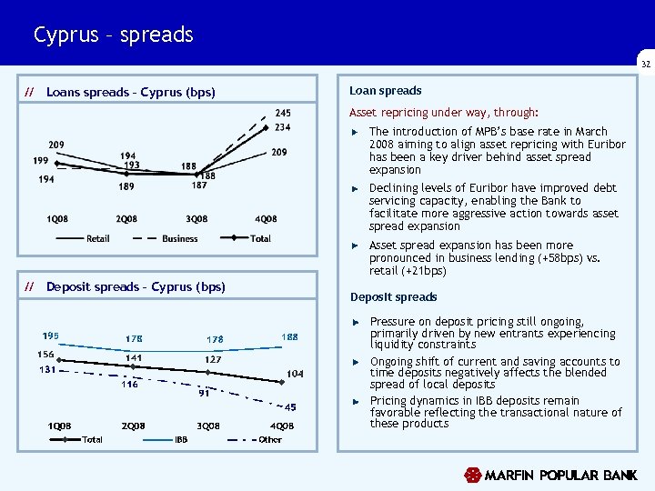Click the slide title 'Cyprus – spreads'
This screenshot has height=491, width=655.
pyautogui.click(x=113, y=35)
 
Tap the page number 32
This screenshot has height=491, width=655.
pyautogui.click(x=645, y=65)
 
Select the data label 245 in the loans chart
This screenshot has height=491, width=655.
pyautogui.click(x=283, y=113)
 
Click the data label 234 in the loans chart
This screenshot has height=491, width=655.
pyautogui.click(x=283, y=127)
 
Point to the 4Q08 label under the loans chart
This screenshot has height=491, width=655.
pyautogui.click(x=266, y=219)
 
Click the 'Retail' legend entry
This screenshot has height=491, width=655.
pyautogui.click(x=97, y=238)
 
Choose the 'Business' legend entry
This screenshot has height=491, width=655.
pyautogui.click(x=179, y=238)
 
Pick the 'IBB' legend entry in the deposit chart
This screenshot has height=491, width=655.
pyautogui.click(x=181, y=440)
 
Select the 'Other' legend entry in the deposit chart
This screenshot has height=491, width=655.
pyautogui.click(x=270, y=440)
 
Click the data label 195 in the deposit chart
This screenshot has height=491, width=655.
pyautogui.click(x=51, y=336)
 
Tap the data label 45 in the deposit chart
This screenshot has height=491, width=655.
pyautogui.click(x=291, y=407)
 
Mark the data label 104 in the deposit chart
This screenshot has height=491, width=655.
pyautogui.click(x=295, y=374)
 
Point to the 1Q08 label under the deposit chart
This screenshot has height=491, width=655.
pyautogui.click(x=60, y=426)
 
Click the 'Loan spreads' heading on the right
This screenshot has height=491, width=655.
pyautogui.click(x=386, y=91)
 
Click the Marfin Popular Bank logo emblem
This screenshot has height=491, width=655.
pyautogui.click(x=472, y=475)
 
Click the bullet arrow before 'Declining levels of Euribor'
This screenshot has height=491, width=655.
pyautogui.click(x=357, y=189)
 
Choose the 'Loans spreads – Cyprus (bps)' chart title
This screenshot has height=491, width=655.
pyautogui.click(x=130, y=92)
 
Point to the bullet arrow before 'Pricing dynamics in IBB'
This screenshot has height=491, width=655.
pyautogui.click(x=357, y=401)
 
